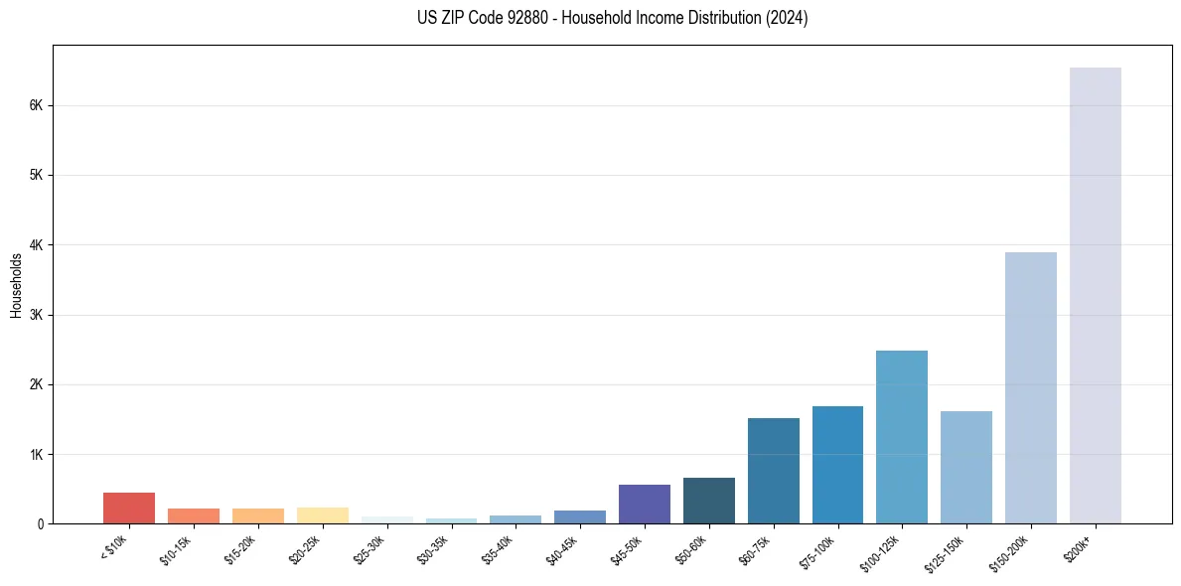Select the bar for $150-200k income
(x=1030, y=387)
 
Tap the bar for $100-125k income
(x=901, y=437)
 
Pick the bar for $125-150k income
(x=965, y=467)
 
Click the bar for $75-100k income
(x=837, y=465)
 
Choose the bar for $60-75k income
(x=773, y=471)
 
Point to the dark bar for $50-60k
(x=708, y=501)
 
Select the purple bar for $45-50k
(x=644, y=504)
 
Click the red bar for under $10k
(x=129, y=508)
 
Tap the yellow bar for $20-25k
(x=322, y=515)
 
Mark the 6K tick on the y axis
(x=35, y=105)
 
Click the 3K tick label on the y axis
(x=35, y=315)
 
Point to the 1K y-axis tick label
(x=35, y=454)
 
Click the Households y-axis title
(x=16, y=285)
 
